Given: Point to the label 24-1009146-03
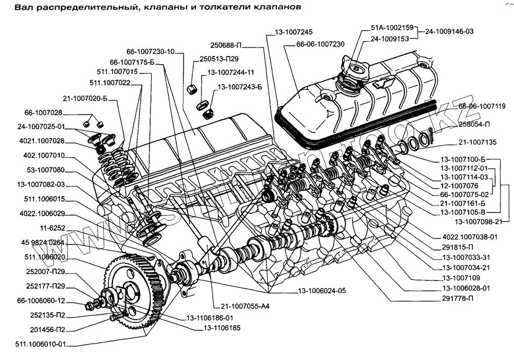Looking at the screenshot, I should pos(449,31).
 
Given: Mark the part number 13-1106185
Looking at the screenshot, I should pos(222,327).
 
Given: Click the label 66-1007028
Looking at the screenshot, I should pos(43,112).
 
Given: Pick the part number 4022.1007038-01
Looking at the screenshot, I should pos(469,237).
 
